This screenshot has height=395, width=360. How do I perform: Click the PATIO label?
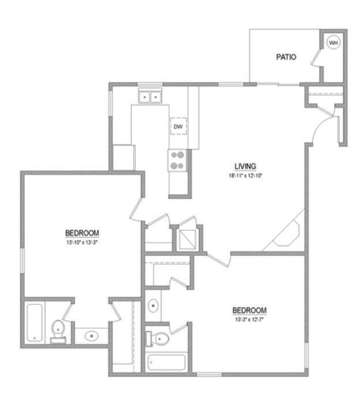286,57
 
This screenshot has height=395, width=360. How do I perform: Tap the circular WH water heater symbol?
333,42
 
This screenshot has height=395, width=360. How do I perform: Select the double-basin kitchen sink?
149,97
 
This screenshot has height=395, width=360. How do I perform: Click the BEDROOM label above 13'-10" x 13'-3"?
82,233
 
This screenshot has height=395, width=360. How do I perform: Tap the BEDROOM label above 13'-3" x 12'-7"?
250,310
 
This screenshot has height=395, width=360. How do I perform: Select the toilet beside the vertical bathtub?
58,330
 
